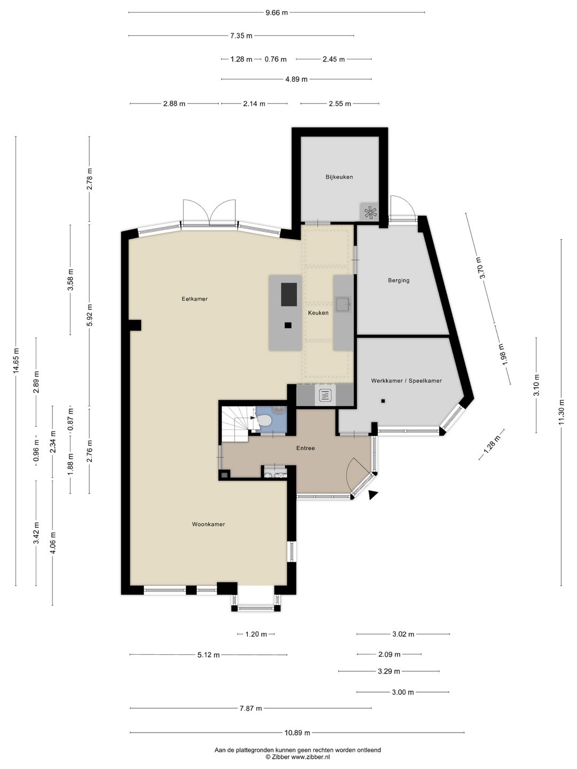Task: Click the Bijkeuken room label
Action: (x=339, y=177)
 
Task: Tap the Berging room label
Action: (x=399, y=280)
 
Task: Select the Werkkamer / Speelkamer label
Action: (x=406, y=381)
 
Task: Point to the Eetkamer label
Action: (x=194, y=299)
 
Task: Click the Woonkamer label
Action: (x=208, y=524)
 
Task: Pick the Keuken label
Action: (x=318, y=313)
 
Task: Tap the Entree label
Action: (x=306, y=448)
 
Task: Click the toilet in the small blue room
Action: (x=266, y=421)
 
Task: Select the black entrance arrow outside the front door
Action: (x=373, y=495)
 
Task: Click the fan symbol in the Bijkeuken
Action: (x=370, y=212)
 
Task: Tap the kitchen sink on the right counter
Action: (x=342, y=305)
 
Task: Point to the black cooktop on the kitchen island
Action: (x=288, y=295)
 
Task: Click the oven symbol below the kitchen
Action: (x=325, y=396)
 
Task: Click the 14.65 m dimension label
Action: (x=16, y=363)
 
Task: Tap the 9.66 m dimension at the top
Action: (x=276, y=12)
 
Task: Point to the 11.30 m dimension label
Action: (x=561, y=413)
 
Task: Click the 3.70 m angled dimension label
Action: (x=482, y=268)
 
